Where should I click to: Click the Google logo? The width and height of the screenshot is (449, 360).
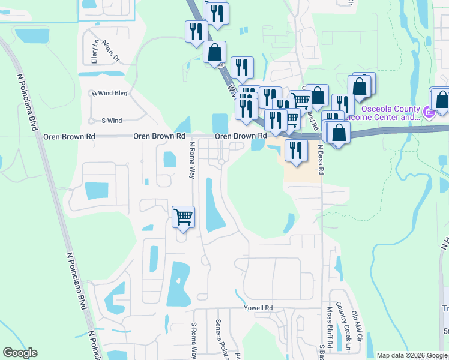[x=20, y=353]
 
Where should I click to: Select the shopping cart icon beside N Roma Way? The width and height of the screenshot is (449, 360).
[x=184, y=217]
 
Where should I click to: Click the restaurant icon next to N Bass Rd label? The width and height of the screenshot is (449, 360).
[x=296, y=149]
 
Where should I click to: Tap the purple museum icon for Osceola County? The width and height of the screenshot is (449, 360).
[x=427, y=112]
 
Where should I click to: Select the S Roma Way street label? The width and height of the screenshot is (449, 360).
[x=194, y=340]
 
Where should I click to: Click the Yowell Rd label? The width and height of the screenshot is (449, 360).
[x=258, y=308]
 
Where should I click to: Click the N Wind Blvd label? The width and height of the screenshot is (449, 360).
[x=109, y=93]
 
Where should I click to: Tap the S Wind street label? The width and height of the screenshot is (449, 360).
[x=112, y=121]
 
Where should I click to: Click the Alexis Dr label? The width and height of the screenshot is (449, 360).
[x=111, y=52]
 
